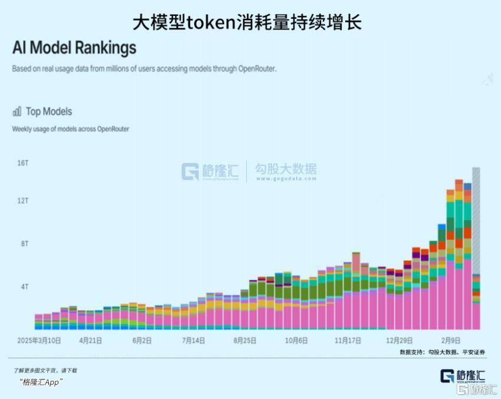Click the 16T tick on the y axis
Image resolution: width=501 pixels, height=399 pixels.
point(23,163)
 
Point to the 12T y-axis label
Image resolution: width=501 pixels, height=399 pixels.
point(23,201)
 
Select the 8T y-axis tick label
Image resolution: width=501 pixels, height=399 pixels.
point(24,244)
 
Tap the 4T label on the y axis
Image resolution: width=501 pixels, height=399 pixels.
point(24,287)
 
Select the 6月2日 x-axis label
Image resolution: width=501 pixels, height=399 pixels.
point(142,341)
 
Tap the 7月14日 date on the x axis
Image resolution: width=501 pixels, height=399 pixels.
point(194,341)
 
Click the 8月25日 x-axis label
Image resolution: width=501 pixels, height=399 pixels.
point(245,341)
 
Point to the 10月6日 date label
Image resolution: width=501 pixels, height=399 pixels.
point(296,341)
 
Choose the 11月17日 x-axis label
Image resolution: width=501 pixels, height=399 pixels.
point(348,341)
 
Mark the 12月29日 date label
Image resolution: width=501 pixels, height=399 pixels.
point(400,341)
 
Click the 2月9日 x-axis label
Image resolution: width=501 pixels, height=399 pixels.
point(452,341)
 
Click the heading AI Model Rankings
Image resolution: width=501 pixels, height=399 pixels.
point(74,47)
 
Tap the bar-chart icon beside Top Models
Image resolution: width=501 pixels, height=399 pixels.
point(17,111)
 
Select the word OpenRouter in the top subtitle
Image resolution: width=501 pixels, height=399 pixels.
point(257,68)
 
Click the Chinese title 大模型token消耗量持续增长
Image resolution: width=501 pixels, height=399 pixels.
point(247,22)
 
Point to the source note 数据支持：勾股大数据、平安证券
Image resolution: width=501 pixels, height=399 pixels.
point(442,352)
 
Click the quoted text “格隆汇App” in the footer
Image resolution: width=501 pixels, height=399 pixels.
point(41,382)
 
